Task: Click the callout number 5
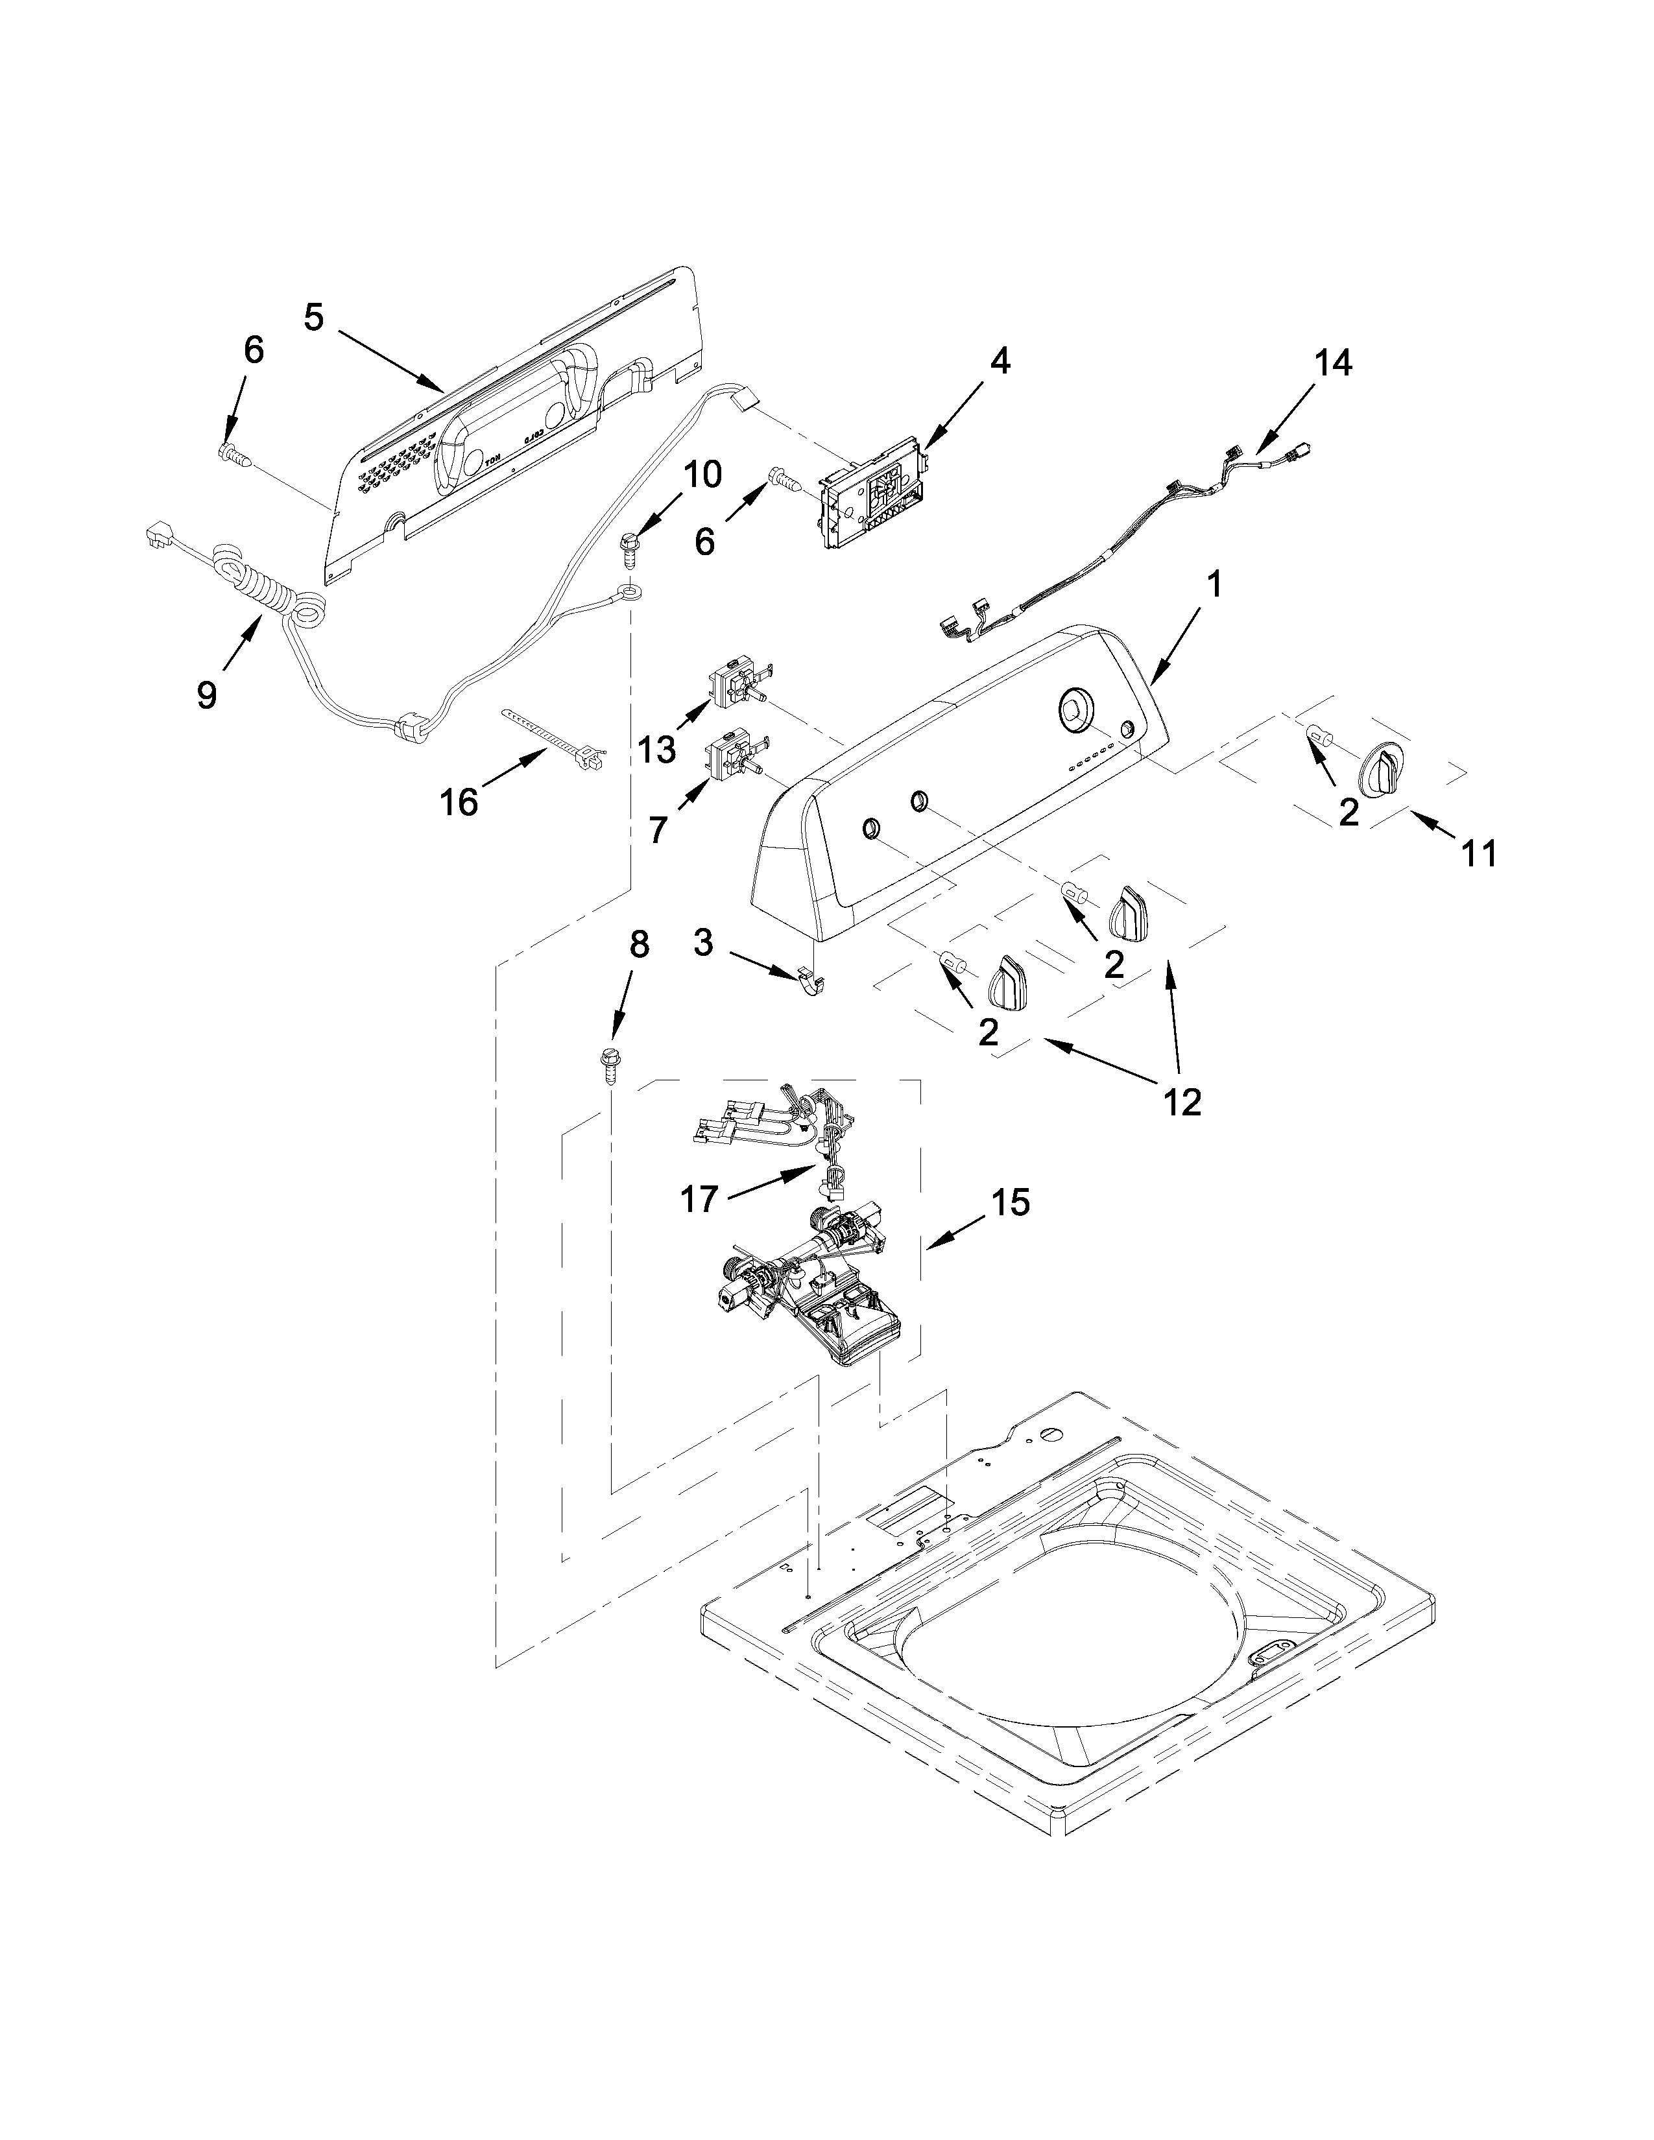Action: (x=313, y=318)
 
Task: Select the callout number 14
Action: (x=1334, y=364)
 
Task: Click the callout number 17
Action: (x=700, y=1198)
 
